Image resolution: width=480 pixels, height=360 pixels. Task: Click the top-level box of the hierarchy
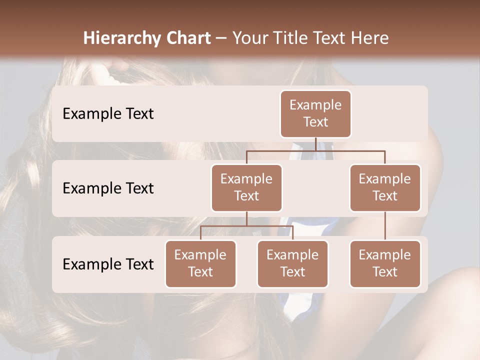tap(315, 114)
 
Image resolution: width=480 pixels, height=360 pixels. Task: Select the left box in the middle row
tap(246, 187)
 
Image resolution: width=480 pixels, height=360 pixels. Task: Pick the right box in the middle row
tap(385, 187)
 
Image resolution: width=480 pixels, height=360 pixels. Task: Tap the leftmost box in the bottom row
tap(200, 263)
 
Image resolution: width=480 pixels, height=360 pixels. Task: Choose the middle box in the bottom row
tap(292, 263)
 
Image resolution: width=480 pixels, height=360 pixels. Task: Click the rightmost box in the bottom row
tap(385, 263)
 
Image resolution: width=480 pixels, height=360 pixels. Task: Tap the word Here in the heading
tap(370, 38)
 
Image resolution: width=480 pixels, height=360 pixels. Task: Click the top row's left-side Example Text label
tap(108, 114)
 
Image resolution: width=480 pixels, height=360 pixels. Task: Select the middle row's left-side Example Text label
tap(108, 188)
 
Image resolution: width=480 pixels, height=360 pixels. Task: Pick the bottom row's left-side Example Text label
tap(108, 264)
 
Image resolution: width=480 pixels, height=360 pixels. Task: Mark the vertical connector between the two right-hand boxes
tap(385, 225)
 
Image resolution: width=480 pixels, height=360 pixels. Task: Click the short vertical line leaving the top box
tap(315, 144)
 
